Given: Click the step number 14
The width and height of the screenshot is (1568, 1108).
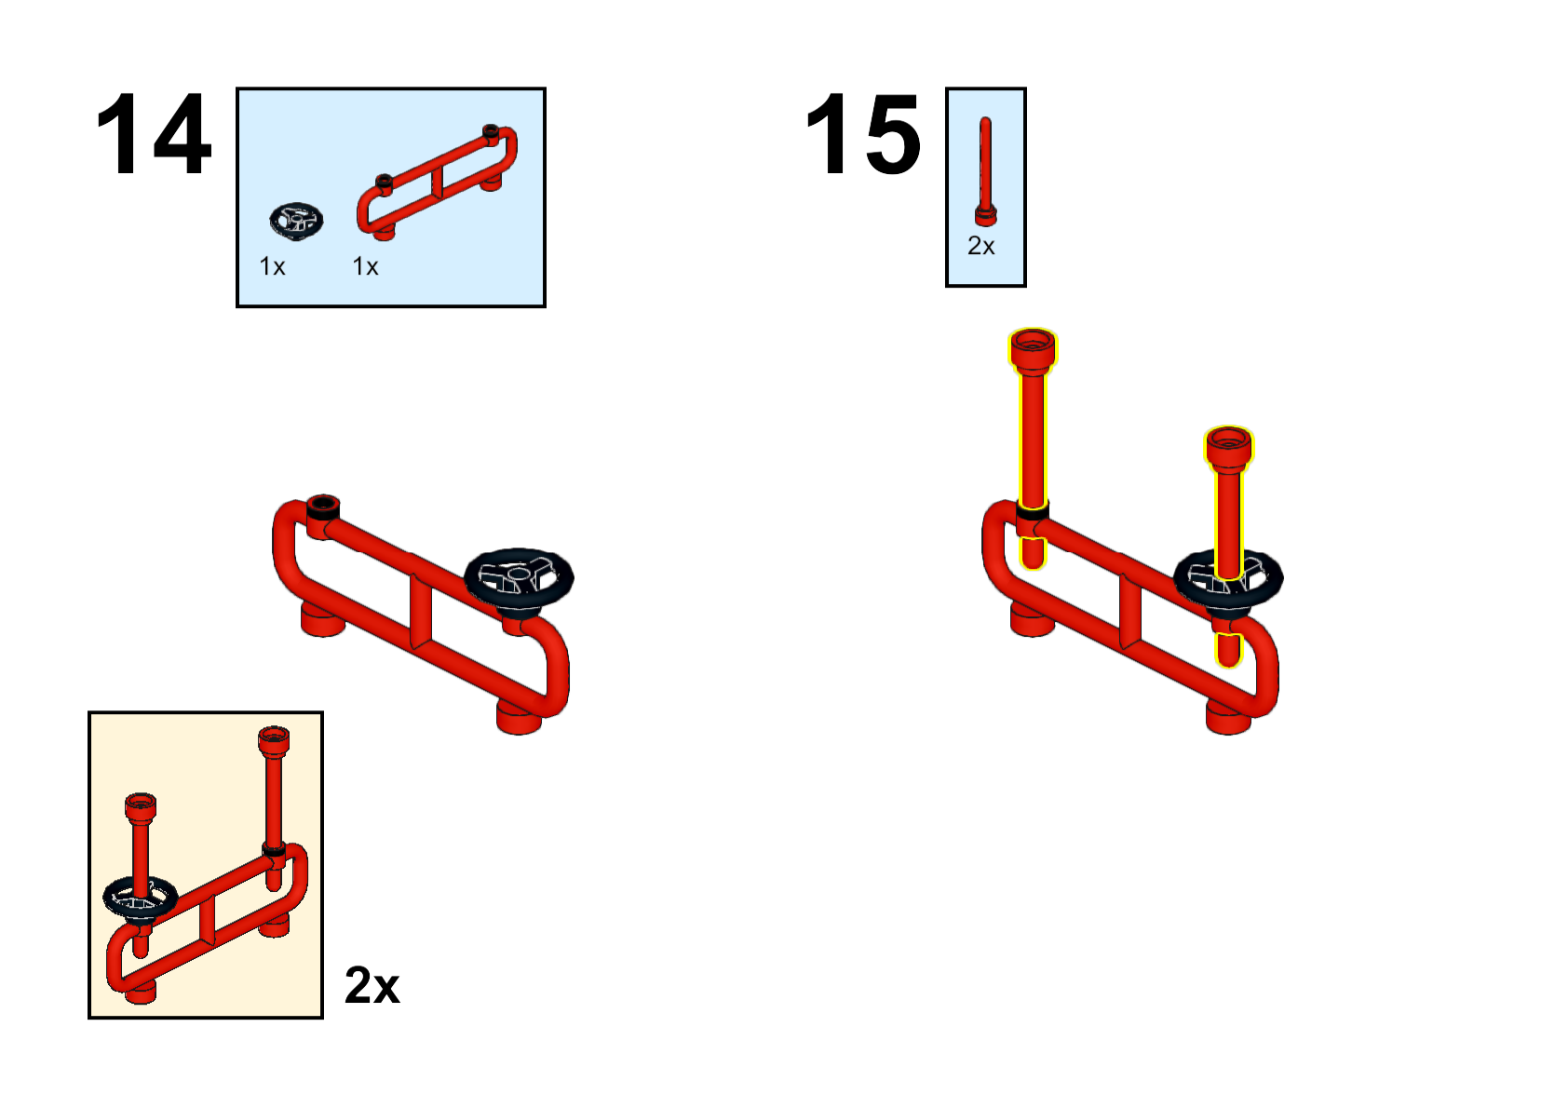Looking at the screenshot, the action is (x=154, y=134).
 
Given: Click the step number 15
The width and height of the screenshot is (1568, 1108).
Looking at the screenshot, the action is (x=863, y=134).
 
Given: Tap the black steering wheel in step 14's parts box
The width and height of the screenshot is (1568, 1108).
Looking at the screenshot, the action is (x=296, y=221).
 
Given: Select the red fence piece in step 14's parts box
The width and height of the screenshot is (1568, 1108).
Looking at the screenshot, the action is (x=437, y=182).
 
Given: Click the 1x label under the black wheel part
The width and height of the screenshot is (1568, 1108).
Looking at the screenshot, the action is (x=272, y=266).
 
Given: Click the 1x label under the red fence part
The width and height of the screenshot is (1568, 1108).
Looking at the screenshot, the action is (x=365, y=266).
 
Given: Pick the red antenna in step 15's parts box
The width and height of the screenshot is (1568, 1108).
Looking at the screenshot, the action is (x=986, y=170).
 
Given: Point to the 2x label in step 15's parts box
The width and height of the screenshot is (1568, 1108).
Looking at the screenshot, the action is (x=980, y=247).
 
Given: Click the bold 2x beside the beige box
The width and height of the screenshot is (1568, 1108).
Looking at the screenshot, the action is (x=372, y=985).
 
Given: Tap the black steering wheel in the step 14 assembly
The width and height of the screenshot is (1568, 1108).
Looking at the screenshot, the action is (x=519, y=578).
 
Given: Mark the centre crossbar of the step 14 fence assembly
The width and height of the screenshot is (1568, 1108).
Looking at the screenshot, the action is (x=421, y=611).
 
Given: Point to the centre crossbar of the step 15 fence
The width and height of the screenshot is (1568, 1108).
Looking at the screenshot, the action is (x=1130, y=611).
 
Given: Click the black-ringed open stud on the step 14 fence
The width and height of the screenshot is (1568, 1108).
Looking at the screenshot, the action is (x=323, y=506).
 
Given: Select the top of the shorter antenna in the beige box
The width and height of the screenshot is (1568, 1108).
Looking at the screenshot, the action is (x=141, y=807).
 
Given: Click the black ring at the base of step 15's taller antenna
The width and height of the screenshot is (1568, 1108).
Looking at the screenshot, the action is (x=1033, y=512).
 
